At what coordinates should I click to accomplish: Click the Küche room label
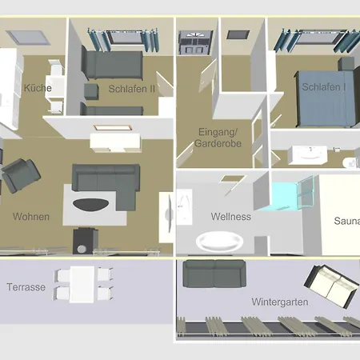pos(38,88)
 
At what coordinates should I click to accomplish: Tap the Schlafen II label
pos(132,89)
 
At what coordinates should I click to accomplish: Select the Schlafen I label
pos(324,87)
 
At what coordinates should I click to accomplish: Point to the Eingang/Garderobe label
pos(218,138)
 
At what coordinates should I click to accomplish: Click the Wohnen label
pos(31,217)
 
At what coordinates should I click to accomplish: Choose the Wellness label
pos(230,217)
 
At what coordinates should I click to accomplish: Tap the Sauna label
pos(346,221)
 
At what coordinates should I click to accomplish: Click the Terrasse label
pos(26,287)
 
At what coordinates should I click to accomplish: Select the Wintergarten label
pos(280,302)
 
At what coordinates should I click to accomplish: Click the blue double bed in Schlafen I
pos(326,98)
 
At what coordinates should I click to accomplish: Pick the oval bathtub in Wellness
pos(219,242)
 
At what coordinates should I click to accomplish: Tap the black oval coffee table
pos(90,205)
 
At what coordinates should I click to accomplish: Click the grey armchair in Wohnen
pos(21,175)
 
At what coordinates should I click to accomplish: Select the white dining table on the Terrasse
pos(82,284)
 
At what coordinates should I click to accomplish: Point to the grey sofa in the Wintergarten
pos(214,274)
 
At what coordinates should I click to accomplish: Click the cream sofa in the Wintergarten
pos(330,286)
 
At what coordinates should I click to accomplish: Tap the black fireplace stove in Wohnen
pos(86,241)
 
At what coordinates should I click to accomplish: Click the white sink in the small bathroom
pos(307,155)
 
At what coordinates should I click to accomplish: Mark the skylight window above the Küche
pos(28,38)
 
